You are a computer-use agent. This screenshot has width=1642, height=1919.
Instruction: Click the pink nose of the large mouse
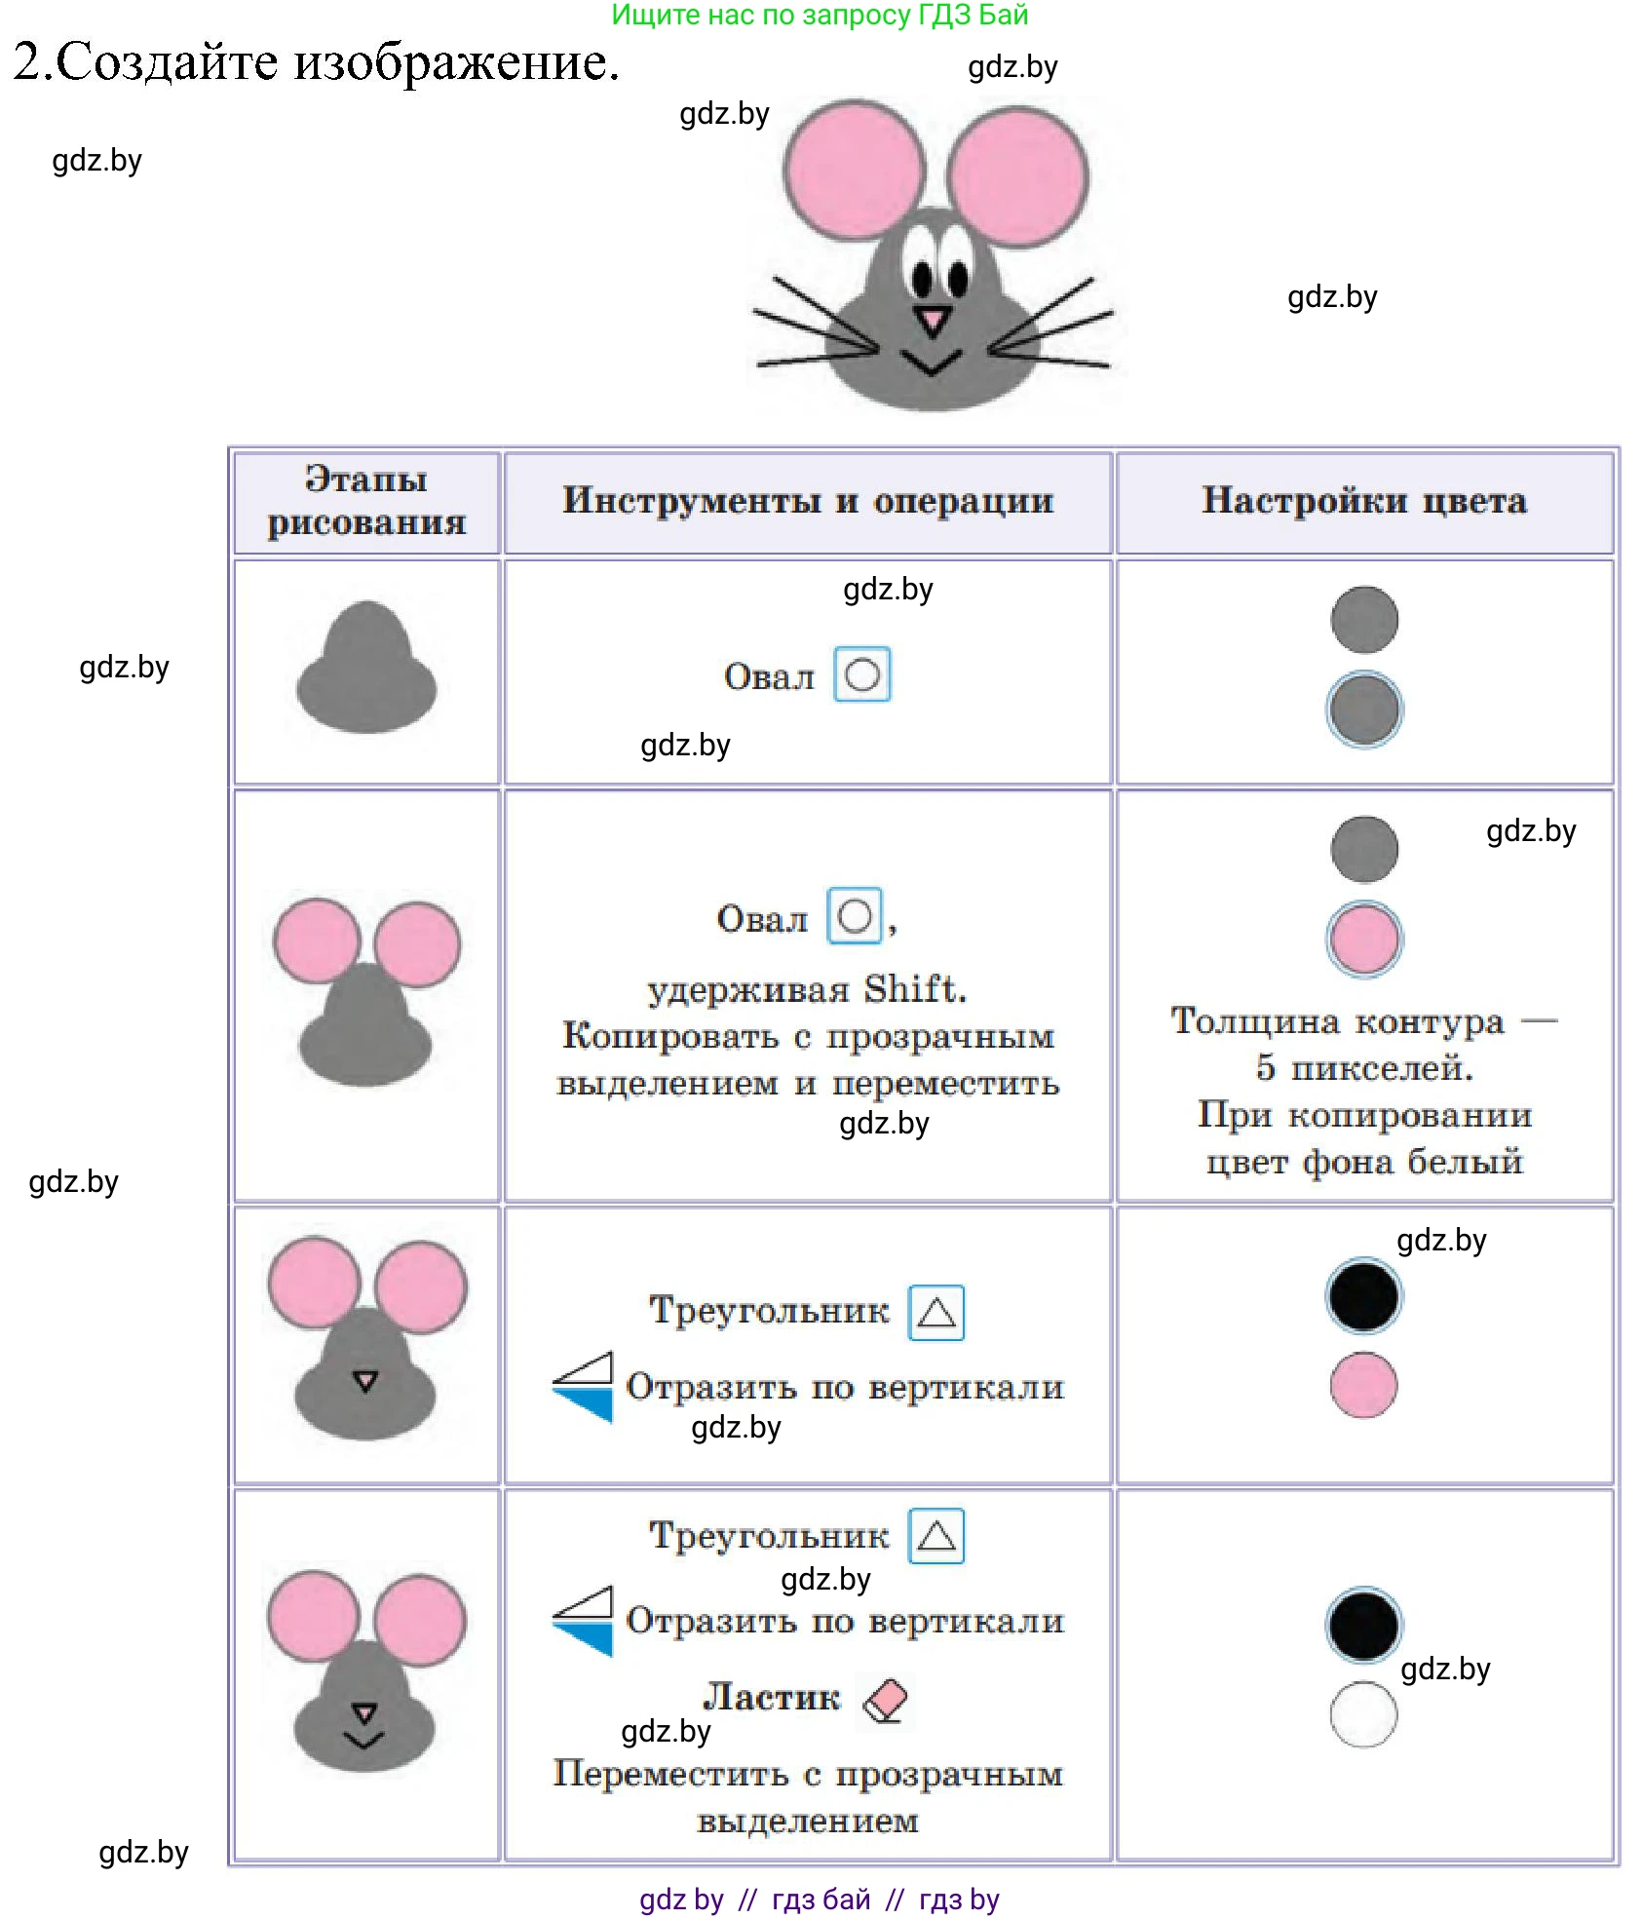[933, 320]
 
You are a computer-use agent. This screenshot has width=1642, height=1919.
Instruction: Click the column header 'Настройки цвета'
[1363, 501]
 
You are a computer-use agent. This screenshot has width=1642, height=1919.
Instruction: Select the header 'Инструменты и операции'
[808, 501]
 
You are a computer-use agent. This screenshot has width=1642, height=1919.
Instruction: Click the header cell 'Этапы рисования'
[366, 501]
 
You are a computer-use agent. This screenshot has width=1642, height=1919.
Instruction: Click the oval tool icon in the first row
[862, 674]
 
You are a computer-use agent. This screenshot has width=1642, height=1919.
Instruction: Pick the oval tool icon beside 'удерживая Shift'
[855, 916]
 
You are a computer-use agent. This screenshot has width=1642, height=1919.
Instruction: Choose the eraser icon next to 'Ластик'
[885, 1701]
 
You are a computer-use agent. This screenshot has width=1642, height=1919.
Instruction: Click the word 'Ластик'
[772, 1698]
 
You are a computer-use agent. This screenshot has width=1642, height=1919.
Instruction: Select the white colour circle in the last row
[1363, 1714]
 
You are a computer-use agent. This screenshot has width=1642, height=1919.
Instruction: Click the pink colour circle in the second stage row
[1364, 939]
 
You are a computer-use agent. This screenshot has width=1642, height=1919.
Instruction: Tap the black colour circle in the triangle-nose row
[1364, 1296]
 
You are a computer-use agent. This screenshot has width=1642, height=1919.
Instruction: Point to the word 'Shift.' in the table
[915, 989]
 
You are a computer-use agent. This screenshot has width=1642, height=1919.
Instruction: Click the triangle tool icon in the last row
[936, 1536]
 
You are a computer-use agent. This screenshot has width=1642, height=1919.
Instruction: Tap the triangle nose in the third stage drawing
[365, 1380]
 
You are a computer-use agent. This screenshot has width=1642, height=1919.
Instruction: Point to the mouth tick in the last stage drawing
[364, 1740]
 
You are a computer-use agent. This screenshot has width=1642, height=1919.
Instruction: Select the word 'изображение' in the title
[456, 62]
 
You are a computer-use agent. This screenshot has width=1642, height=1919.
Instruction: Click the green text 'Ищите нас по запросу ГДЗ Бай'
[820, 15]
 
